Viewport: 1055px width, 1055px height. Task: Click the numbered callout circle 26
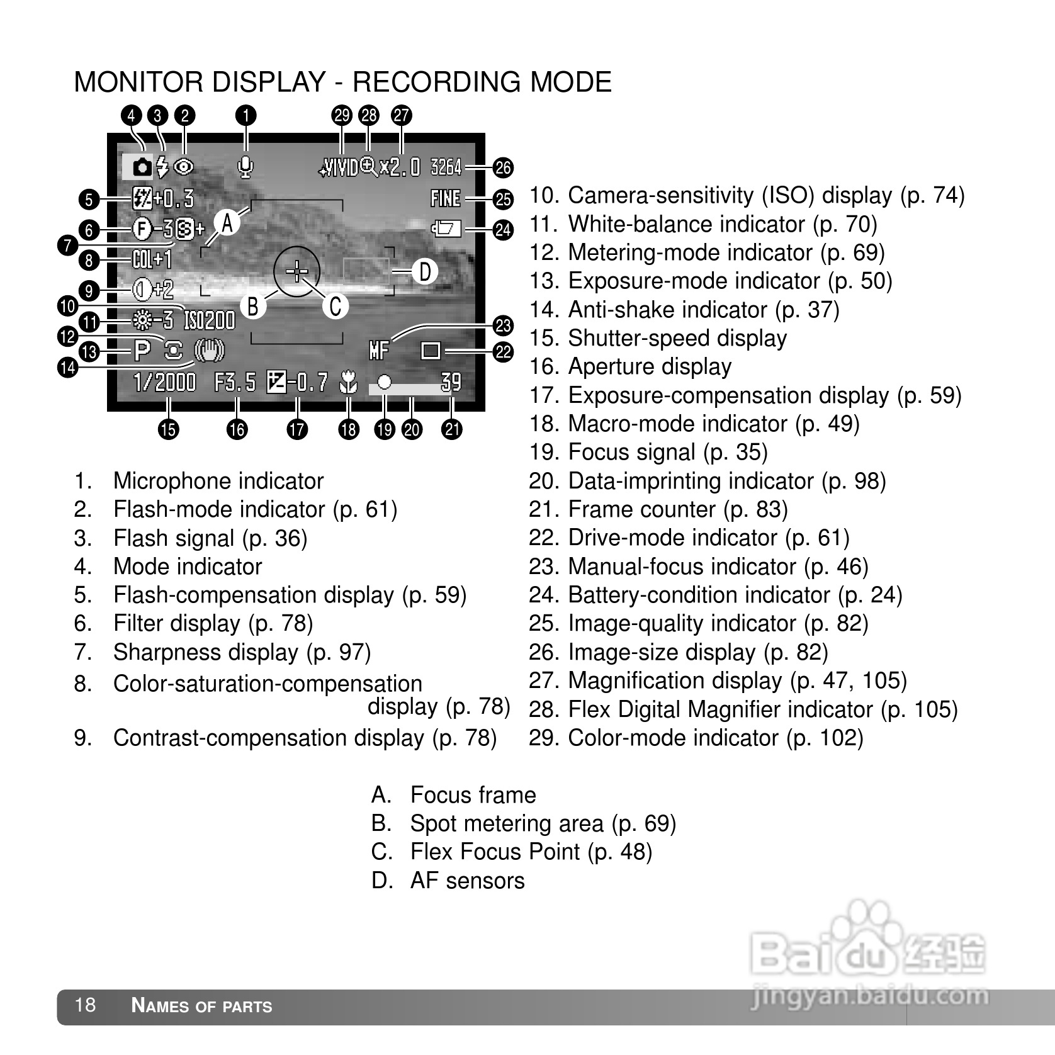click(x=503, y=168)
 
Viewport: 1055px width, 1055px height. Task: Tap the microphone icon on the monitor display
click(x=245, y=167)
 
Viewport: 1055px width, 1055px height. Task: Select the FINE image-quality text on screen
click(x=446, y=198)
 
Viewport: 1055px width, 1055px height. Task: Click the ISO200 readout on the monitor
click(x=209, y=321)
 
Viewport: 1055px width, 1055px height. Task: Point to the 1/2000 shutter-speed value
click(x=165, y=382)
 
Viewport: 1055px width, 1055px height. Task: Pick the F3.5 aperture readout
click(x=235, y=382)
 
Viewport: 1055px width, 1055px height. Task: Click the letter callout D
click(x=425, y=272)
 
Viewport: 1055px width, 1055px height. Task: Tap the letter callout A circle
click(x=227, y=222)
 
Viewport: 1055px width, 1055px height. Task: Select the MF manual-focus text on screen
click(x=379, y=350)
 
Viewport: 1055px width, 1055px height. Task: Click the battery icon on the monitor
click(x=446, y=228)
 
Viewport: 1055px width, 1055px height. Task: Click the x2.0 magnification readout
click(x=400, y=167)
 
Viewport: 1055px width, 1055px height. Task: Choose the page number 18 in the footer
click(x=85, y=1005)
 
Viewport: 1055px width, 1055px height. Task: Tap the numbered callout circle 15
click(x=169, y=430)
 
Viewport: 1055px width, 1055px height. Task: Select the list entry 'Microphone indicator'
click(x=218, y=482)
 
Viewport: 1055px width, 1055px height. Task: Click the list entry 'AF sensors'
click(x=466, y=881)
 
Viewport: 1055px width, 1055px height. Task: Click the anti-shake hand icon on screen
click(x=209, y=351)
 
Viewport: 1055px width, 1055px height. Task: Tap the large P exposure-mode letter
click(x=142, y=351)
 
